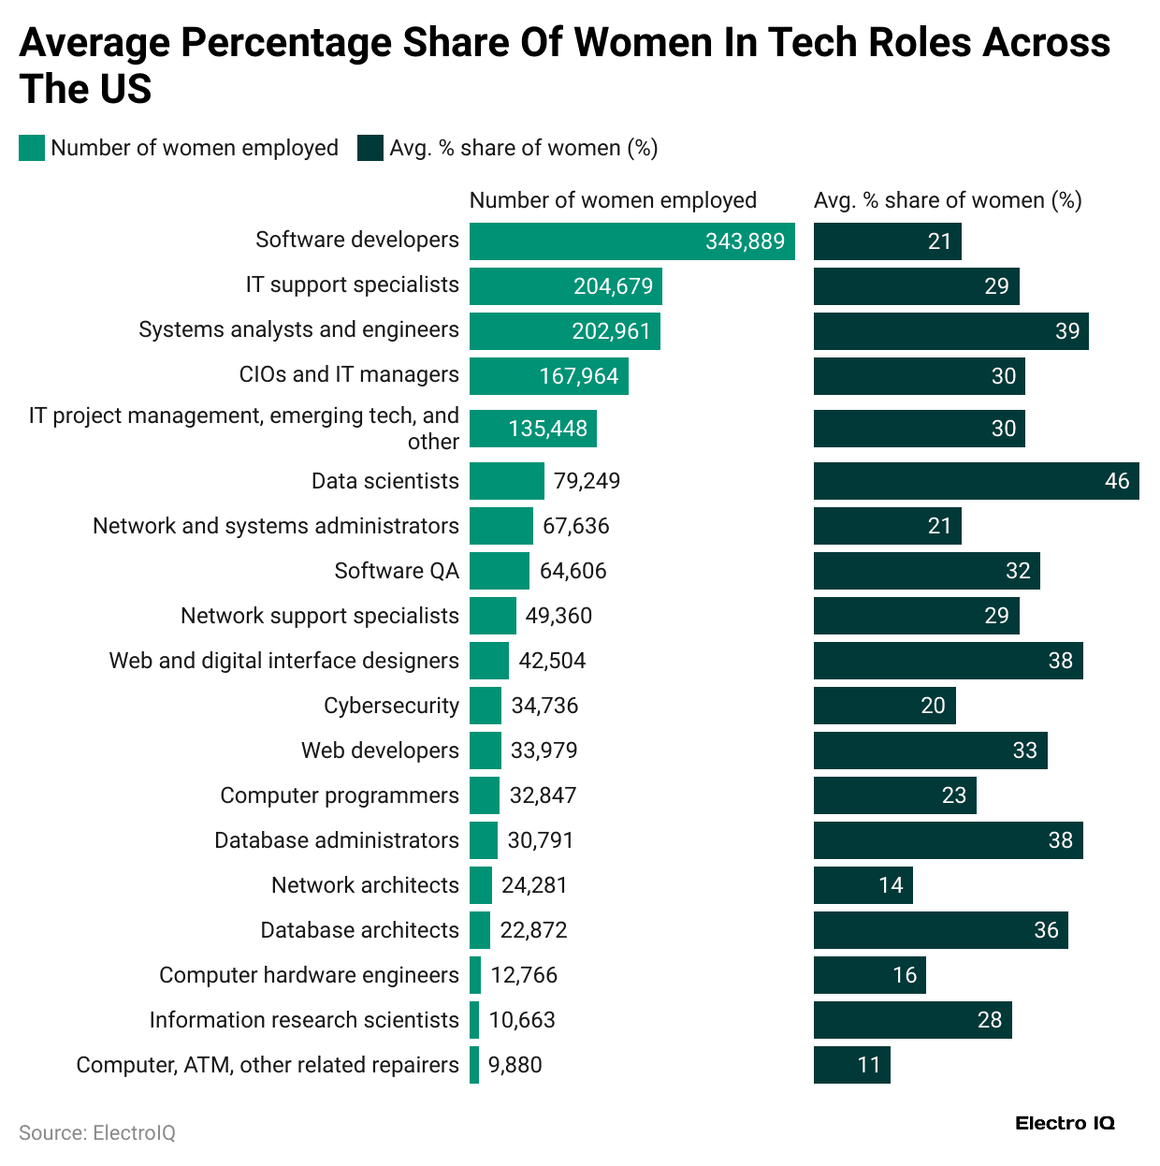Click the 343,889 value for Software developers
745,241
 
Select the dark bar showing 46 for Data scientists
976,481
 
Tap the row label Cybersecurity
391,706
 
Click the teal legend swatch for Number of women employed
32,148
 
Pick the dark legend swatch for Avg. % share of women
370,148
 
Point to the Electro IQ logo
1065,1123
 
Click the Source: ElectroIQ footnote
97,1133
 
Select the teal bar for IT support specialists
565,286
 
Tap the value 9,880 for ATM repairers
515,1065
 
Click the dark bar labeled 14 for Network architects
863,885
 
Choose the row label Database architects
359,930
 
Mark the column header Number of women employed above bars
613,200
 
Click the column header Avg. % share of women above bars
948,200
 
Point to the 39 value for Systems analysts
1066,331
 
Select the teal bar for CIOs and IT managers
548,376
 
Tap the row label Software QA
397,571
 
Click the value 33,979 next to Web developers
544,751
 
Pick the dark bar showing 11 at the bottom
851,1065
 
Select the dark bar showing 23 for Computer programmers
894,795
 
